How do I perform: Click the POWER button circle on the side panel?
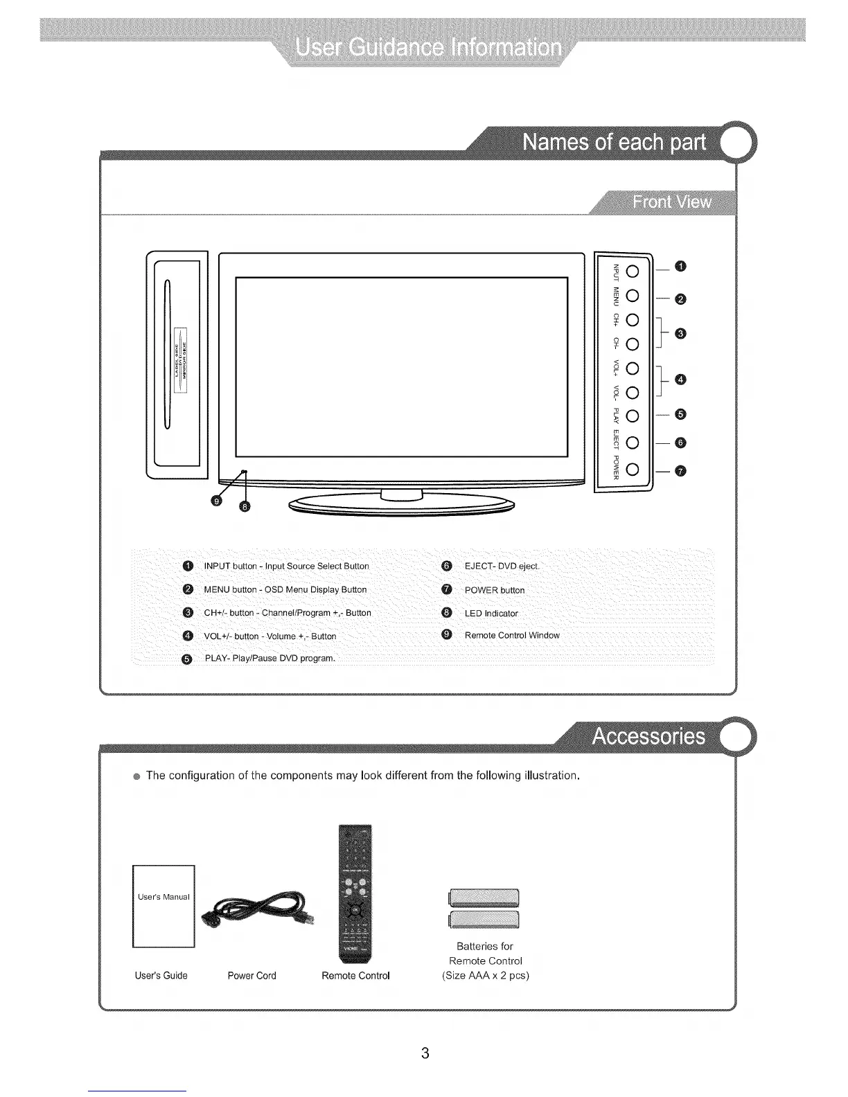(632, 470)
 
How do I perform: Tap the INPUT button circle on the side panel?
(632, 270)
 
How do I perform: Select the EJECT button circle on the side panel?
(632, 443)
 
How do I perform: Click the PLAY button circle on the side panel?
(632, 416)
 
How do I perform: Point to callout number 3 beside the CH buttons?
(680, 334)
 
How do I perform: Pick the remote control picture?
(355, 893)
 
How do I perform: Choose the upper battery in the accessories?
(484, 898)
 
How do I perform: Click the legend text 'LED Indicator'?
(491, 614)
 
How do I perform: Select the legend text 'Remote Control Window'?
(512, 636)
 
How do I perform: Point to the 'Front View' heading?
(671, 202)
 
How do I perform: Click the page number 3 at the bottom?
(425, 1053)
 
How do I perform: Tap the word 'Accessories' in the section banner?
(648, 736)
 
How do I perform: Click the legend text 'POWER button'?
(495, 590)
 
